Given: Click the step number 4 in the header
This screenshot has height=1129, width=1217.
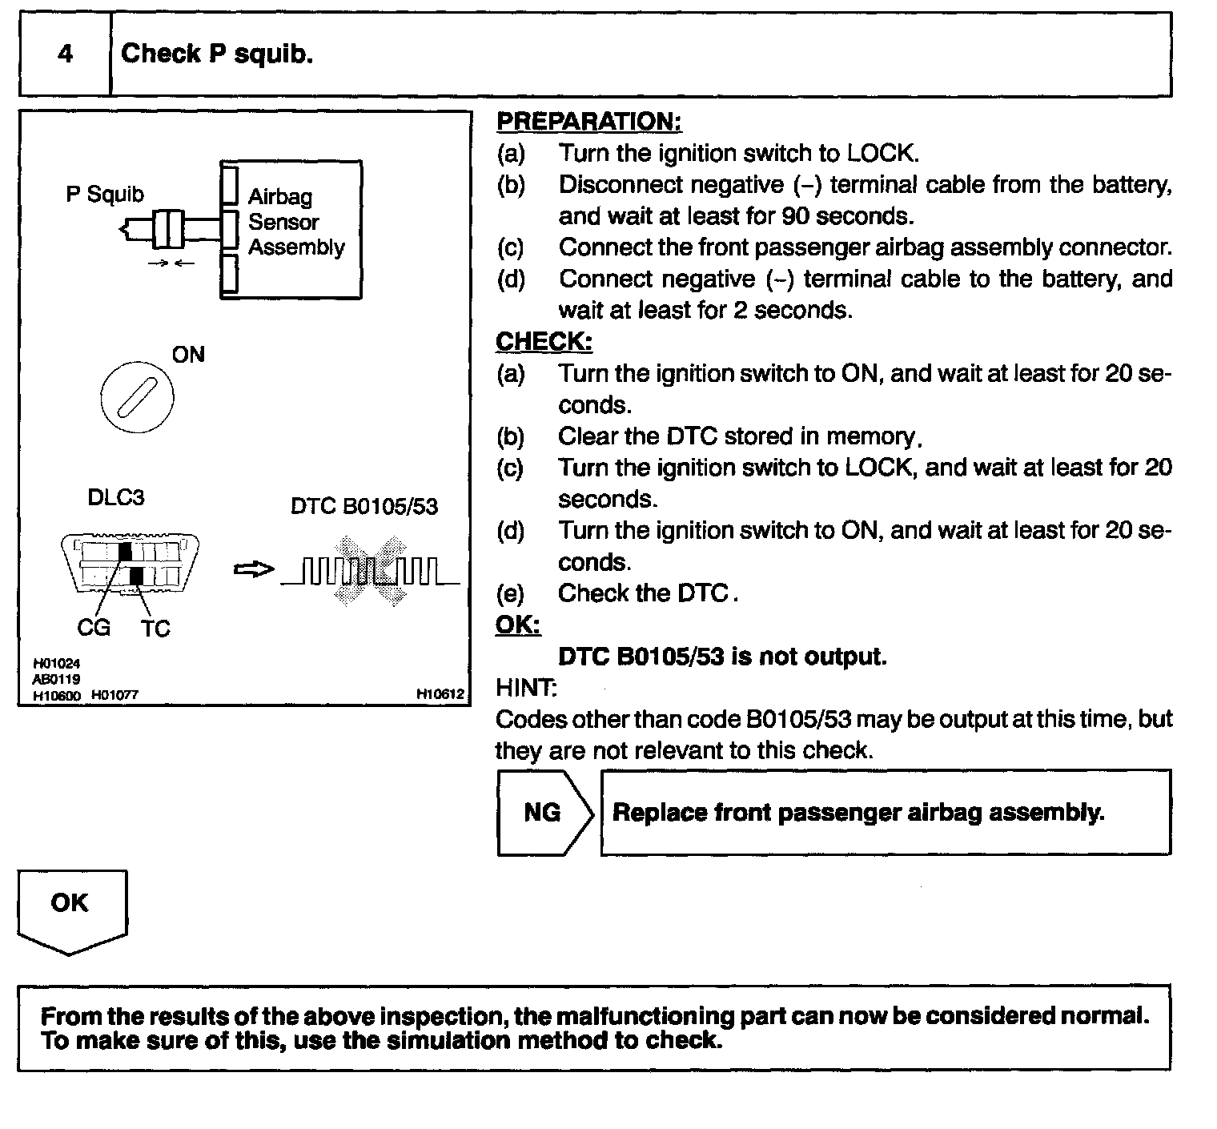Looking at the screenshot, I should (66, 54).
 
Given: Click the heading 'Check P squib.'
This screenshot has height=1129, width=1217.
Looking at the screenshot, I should (216, 54).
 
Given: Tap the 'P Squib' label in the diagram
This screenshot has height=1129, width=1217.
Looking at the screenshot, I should (105, 194).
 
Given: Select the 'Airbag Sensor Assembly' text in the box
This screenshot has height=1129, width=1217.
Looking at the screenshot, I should (295, 222).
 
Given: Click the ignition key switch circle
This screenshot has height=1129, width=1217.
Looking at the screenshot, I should (138, 396).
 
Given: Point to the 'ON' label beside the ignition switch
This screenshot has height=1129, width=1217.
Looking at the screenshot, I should (188, 355).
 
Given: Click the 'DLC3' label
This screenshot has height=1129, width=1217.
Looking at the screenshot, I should (116, 497).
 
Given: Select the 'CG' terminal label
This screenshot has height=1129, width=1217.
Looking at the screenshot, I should (94, 628).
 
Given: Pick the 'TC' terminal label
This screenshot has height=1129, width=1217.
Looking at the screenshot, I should (156, 629).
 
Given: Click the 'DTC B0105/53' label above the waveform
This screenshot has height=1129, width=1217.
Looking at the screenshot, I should (364, 506).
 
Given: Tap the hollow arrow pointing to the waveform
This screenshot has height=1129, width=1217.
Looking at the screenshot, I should (253, 569).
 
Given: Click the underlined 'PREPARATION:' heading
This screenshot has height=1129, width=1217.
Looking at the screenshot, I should (588, 122).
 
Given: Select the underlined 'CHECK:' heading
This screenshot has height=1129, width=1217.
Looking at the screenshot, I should (544, 341).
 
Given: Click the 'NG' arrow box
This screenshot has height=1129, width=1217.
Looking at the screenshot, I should (543, 813).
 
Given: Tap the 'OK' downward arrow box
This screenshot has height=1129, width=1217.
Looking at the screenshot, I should (70, 908).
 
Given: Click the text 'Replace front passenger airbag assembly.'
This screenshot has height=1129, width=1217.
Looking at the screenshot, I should (858, 813).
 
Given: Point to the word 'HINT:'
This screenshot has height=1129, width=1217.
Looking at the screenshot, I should (526, 688).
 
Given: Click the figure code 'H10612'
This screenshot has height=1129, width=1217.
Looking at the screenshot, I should (440, 694).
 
